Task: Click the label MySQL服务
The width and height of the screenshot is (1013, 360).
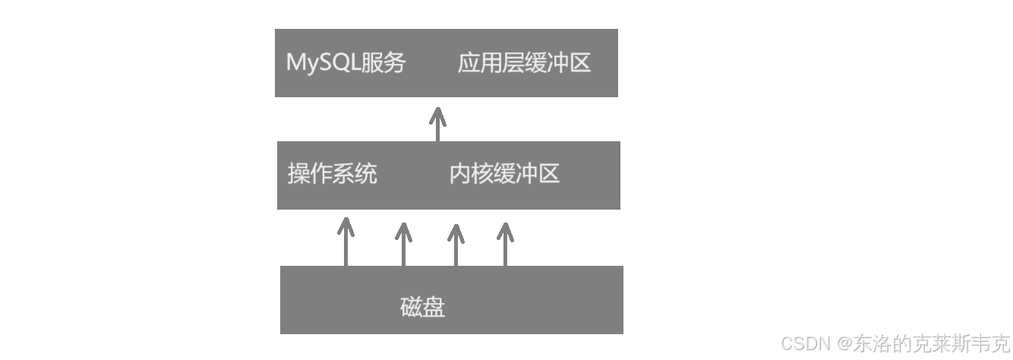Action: pos(346,63)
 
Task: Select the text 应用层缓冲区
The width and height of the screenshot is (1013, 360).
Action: pos(524,63)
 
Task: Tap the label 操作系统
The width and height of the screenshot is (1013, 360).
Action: pos(332,174)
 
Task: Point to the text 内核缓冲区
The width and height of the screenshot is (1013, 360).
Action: pos(504,174)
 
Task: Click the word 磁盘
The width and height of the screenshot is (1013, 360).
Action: pos(422,307)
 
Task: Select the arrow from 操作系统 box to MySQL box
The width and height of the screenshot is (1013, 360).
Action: pos(437,125)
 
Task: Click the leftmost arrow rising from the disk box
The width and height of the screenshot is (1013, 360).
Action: pos(346,242)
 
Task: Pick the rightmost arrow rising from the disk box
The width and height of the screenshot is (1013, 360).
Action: pos(505,243)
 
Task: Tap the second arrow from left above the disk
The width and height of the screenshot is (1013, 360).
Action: pos(403,243)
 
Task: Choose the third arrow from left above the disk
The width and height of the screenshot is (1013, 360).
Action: pos(456,243)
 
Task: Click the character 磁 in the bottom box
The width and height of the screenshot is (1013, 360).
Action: pos(411,307)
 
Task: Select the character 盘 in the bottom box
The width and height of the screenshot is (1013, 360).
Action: pos(434,307)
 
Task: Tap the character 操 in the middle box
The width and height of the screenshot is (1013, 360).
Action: pos(298,174)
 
